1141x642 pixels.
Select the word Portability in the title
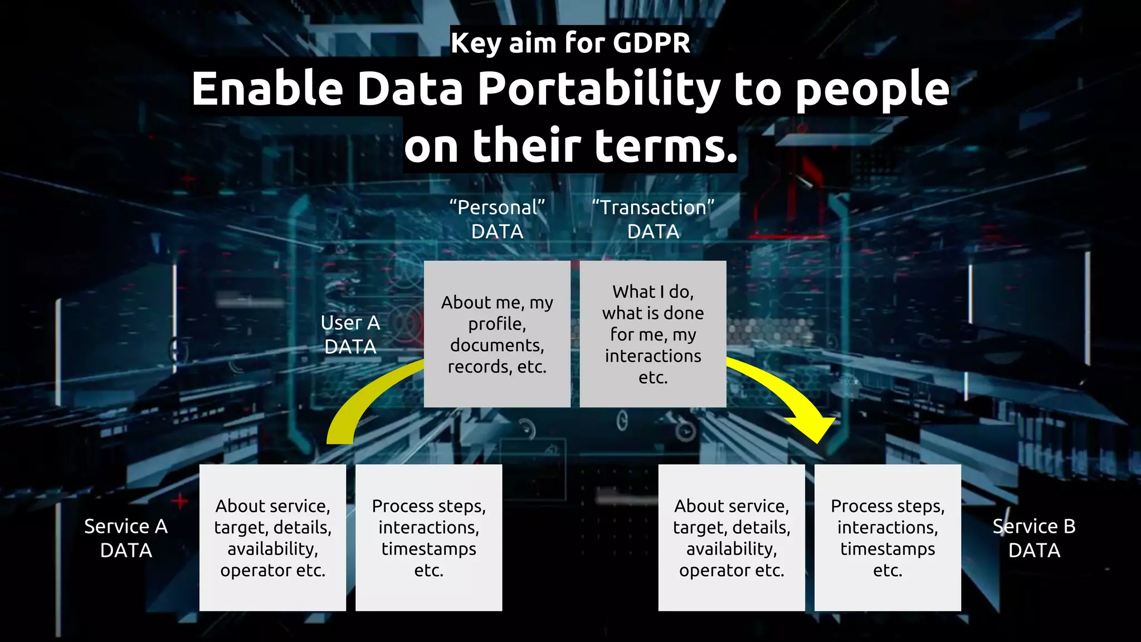[x=599, y=89]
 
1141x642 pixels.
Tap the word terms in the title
[x=666, y=145]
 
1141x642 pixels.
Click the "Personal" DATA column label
[x=497, y=219]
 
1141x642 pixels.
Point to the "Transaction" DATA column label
[x=653, y=219]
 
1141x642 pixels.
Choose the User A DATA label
[x=350, y=334]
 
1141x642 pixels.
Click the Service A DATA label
[x=126, y=538]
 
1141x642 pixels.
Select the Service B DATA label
[x=1034, y=538]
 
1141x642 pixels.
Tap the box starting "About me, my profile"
[x=497, y=334]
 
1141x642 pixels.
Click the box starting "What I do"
[x=653, y=334]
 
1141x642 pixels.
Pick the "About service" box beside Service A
[x=272, y=537]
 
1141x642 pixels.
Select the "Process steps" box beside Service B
[x=888, y=537]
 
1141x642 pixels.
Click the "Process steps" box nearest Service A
[x=428, y=537]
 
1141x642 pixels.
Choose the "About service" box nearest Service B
[x=732, y=537]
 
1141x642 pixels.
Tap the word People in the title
[x=872, y=89]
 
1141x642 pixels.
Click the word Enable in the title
[x=267, y=89]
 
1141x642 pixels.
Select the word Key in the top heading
[x=475, y=43]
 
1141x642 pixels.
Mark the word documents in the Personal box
[x=497, y=345]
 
